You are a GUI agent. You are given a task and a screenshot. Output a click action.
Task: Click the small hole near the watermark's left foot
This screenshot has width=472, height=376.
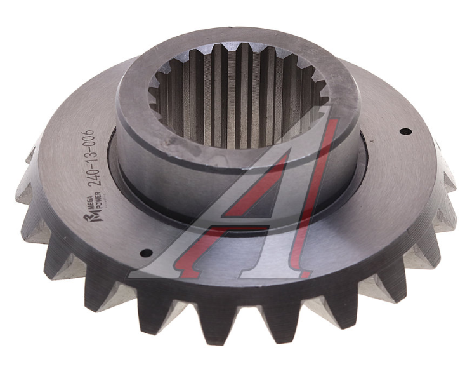147,253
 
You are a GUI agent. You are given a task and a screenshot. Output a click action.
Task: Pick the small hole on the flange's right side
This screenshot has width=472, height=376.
405,131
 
